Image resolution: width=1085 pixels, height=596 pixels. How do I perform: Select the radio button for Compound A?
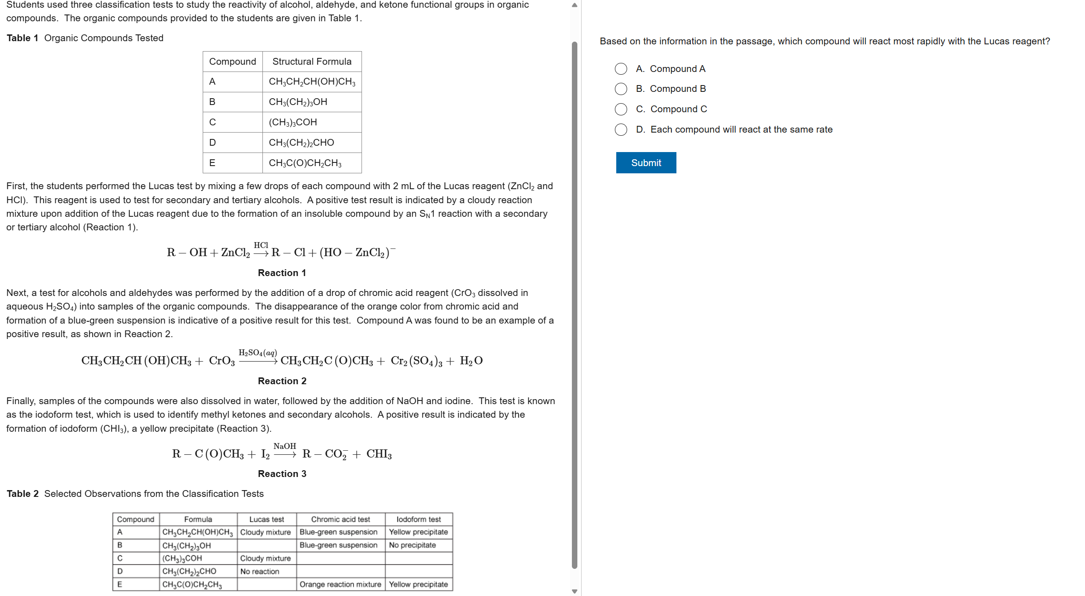click(x=621, y=69)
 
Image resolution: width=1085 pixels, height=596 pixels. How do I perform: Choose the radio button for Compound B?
click(x=621, y=89)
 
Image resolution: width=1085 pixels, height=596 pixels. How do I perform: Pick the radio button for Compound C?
click(x=621, y=109)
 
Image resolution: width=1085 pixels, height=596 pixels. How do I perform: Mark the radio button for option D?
click(x=621, y=129)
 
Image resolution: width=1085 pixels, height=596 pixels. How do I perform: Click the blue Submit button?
click(x=646, y=163)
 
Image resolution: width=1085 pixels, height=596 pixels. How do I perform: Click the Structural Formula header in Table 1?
click(x=312, y=62)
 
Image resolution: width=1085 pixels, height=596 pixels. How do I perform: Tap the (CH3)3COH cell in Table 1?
click(x=293, y=122)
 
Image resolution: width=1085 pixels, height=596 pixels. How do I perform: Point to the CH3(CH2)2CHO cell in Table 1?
click(x=301, y=143)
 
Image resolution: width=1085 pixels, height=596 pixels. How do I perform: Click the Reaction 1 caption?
click(x=282, y=273)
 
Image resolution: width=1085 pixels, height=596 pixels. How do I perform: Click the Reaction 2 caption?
click(x=282, y=381)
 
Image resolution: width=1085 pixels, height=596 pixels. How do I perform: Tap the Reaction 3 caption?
click(x=282, y=474)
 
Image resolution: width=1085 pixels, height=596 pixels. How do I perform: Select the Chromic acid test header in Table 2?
click(x=340, y=519)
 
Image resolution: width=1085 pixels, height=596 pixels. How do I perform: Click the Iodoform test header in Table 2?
click(x=419, y=519)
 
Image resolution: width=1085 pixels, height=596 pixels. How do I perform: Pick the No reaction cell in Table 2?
click(x=260, y=572)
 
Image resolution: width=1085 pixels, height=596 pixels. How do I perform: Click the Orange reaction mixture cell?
click(x=340, y=584)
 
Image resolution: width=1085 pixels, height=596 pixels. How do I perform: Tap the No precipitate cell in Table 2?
click(x=412, y=545)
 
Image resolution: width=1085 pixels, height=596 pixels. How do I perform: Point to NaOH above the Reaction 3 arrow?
click(x=285, y=446)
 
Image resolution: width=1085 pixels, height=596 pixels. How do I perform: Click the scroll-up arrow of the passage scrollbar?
click(x=575, y=5)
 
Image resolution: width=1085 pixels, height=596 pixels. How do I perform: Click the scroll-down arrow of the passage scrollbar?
click(x=575, y=591)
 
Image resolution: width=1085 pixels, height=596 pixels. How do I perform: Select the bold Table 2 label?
click(x=23, y=494)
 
